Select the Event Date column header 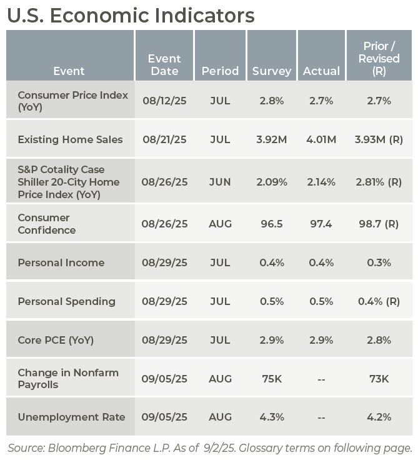tap(164, 64)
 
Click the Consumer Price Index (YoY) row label tap(72, 101)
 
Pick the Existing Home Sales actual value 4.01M tap(321, 139)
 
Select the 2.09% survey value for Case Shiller tap(272, 182)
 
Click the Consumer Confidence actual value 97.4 tap(321, 224)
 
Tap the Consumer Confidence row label tap(47, 224)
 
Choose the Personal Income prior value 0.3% tap(379, 262)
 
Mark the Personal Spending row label tap(66, 301)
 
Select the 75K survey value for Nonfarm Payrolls tap(272, 379)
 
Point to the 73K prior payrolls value tap(379, 379)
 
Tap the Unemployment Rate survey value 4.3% tap(272, 417)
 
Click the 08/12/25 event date tap(164, 101)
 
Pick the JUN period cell tap(220, 182)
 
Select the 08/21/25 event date tap(164, 139)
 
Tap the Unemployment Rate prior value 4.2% tap(379, 417)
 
